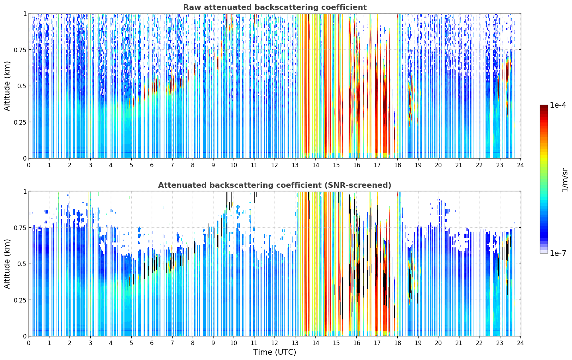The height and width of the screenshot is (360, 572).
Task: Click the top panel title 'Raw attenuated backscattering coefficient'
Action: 275,7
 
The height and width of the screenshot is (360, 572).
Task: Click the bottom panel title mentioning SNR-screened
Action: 275,185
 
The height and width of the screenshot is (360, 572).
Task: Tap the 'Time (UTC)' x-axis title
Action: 275,352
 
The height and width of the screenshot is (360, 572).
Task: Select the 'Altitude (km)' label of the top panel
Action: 7,86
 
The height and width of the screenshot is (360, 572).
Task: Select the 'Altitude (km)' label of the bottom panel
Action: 7,264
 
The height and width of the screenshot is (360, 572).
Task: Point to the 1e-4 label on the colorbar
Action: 558,105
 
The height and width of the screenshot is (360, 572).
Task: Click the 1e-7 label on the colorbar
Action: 558,253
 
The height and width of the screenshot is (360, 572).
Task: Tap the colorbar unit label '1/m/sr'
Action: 565,180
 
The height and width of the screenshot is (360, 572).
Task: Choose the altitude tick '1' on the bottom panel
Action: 25,192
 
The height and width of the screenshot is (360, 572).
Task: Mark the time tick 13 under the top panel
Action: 295,165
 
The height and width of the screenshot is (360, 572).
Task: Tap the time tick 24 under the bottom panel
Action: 520,343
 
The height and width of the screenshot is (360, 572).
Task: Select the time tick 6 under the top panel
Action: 152,165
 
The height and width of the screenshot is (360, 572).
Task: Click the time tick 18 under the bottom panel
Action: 398,343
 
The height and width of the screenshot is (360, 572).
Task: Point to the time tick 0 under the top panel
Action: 29,165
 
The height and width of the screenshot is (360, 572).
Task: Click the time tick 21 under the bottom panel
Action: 459,343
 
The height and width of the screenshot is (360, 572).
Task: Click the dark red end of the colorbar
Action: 544,107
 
